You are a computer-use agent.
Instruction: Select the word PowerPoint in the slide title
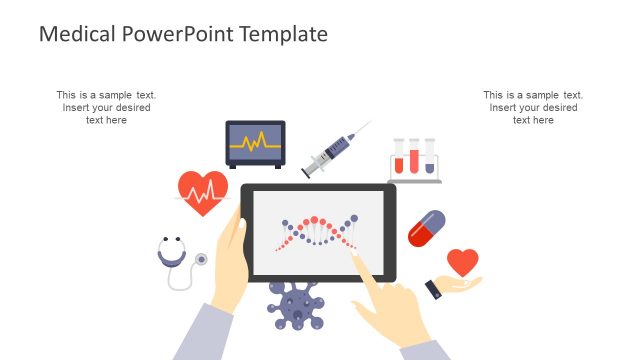[176, 35]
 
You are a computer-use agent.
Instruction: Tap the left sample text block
[106, 107]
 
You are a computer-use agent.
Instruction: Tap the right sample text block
[533, 107]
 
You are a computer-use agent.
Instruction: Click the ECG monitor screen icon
[255, 143]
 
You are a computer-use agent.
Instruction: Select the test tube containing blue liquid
[430, 157]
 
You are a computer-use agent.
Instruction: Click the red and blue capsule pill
[426, 228]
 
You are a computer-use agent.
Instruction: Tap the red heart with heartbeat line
[203, 192]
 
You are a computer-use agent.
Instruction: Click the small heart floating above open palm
[462, 263]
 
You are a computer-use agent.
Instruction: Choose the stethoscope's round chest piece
[202, 259]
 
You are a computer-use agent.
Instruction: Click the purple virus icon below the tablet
[296, 304]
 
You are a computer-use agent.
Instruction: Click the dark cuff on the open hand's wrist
[433, 289]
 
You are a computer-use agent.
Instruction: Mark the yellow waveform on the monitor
[255, 141]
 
